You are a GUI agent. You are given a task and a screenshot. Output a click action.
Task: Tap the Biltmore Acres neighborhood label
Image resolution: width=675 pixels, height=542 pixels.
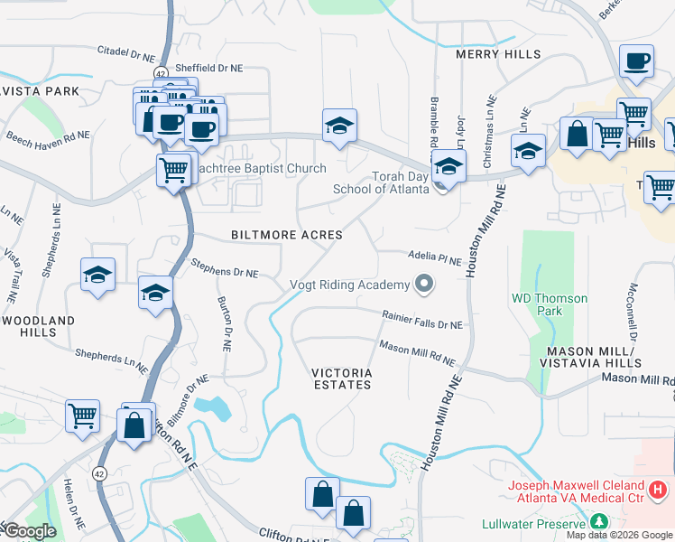(286, 235)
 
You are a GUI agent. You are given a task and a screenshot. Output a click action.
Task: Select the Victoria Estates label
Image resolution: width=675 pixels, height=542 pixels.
(341, 378)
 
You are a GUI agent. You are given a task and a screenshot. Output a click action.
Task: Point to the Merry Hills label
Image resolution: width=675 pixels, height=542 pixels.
(498, 54)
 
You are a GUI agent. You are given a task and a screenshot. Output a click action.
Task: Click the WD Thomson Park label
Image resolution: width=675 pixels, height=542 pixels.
(549, 304)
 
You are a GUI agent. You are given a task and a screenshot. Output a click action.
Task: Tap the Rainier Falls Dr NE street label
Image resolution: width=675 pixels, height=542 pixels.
(421, 320)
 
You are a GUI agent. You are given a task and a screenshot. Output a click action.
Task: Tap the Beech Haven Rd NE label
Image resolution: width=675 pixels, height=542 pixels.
(48, 137)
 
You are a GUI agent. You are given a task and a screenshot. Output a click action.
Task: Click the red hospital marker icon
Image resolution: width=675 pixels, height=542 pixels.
(659, 490)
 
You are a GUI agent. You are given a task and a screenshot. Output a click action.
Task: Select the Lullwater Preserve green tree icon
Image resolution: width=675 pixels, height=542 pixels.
(597, 522)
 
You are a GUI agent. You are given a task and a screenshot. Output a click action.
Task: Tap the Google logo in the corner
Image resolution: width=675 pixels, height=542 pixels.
(29, 531)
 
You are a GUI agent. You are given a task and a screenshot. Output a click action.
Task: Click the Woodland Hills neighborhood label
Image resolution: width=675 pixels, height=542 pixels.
(38, 326)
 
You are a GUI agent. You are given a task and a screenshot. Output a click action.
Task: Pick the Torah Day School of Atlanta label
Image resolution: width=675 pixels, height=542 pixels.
(378, 183)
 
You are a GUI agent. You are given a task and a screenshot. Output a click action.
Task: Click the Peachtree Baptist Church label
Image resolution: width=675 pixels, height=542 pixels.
(261, 169)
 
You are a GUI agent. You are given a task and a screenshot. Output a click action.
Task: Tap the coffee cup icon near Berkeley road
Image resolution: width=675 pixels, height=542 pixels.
(638, 61)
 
